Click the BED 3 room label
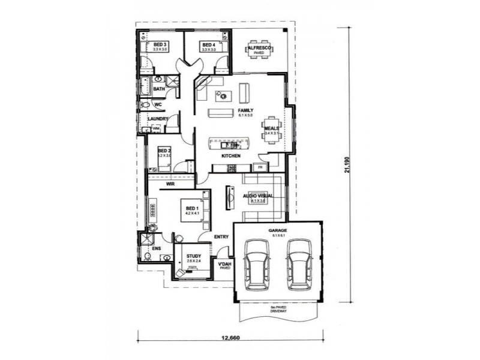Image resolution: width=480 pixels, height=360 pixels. [x=159, y=45]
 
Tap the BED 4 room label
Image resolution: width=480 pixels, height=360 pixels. [x=208, y=45]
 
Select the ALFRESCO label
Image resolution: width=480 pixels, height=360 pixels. [x=260, y=47]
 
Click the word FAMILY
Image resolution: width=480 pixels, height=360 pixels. [x=245, y=111]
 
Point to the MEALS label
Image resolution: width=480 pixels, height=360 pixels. [x=271, y=128]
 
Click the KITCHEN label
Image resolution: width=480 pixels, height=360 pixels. [x=231, y=156]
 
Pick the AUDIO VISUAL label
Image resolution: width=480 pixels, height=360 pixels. [x=258, y=196]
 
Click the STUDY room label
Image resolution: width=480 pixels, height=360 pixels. [x=193, y=256]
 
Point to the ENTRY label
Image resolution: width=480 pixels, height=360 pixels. [x=221, y=237]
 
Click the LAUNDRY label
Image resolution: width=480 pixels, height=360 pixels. [x=157, y=119]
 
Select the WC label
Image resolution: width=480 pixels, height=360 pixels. [x=159, y=104]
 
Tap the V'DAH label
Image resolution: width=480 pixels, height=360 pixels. [x=224, y=265]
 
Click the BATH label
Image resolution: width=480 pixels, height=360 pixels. [x=158, y=89]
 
